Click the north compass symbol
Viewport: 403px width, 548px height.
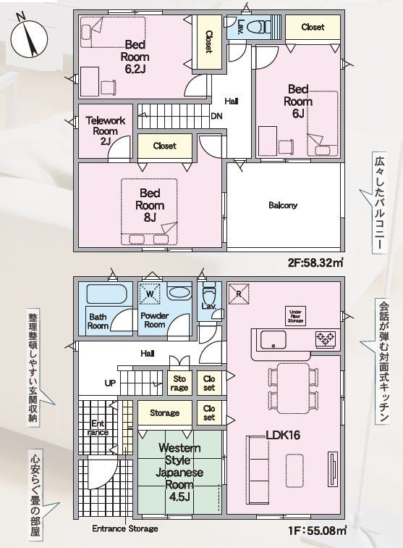pyautogui.click(x=28, y=36)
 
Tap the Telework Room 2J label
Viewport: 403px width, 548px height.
pyautogui.click(x=106, y=131)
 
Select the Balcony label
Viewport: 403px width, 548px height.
pyautogui.click(x=283, y=205)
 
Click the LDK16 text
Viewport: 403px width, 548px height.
pyautogui.click(x=283, y=435)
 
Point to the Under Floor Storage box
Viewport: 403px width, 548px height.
pyautogui.click(x=295, y=316)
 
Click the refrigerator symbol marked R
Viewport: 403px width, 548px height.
pyautogui.click(x=239, y=294)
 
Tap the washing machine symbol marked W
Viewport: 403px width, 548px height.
pyautogui.click(x=150, y=294)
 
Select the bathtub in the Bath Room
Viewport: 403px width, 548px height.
pyautogui.click(x=106, y=294)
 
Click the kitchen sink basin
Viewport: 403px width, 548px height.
pyautogui.click(x=273, y=339)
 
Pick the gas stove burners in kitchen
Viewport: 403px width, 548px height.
pyautogui.click(x=326, y=338)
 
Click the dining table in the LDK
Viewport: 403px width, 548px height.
pyautogui.click(x=294, y=388)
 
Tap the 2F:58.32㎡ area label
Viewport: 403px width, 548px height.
pyautogui.click(x=316, y=262)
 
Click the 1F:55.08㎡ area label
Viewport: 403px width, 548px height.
pyautogui.click(x=317, y=531)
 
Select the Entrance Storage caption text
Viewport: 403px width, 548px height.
pyautogui.click(x=125, y=528)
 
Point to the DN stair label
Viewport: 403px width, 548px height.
pyautogui.click(x=216, y=116)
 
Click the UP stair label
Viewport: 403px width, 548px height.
pyautogui.click(x=110, y=383)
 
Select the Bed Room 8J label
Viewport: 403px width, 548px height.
pyautogui.click(x=150, y=205)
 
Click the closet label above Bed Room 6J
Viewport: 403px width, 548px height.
pyautogui.click(x=313, y=27)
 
